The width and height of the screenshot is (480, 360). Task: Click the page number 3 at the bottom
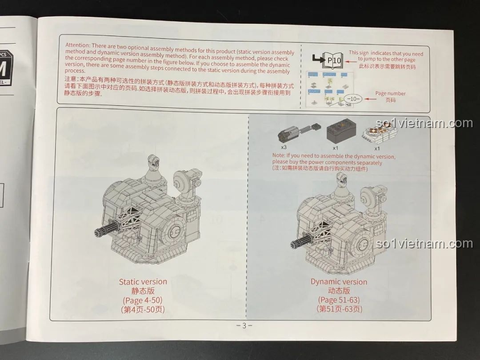click(244, 325)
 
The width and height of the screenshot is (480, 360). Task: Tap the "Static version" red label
click(143, 281)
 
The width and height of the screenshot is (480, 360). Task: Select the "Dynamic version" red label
click(339, 282)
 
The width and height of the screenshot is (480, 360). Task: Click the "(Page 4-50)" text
click(143, 300)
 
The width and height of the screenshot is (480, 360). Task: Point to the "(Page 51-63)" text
click(339, 300)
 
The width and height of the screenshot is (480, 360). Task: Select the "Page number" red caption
click(390, 93)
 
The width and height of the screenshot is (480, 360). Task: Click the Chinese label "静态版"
click(143, 291)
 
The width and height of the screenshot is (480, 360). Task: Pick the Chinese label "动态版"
click(339, 291)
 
